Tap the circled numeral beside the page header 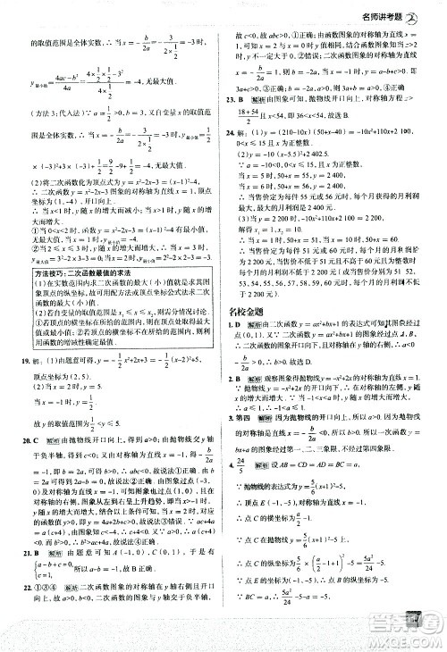coord(433,12)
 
